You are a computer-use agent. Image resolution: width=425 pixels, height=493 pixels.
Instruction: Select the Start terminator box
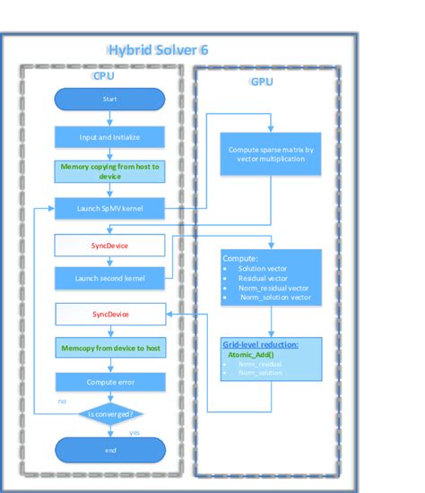click(109, 99)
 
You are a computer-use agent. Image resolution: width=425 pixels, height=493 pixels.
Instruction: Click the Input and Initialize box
click(109, 137)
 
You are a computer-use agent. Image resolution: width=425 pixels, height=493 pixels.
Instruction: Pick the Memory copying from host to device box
click(109, 171)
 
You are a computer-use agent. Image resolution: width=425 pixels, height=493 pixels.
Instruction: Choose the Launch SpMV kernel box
click(109, 209)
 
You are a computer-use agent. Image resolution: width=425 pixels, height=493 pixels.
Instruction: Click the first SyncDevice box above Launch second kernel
click(109, 244)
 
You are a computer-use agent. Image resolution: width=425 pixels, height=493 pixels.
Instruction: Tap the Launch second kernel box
click(109, 278)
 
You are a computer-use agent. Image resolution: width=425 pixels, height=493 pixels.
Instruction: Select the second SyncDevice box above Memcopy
click(109, 315)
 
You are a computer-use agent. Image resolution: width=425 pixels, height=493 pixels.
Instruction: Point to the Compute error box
click(109, 382)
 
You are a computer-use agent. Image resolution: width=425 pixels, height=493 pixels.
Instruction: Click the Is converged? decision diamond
click(109, 414)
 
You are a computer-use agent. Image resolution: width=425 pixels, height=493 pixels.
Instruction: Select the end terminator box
click(109, 450)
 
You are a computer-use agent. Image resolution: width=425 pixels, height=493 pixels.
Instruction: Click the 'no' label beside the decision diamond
click(62, 402)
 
